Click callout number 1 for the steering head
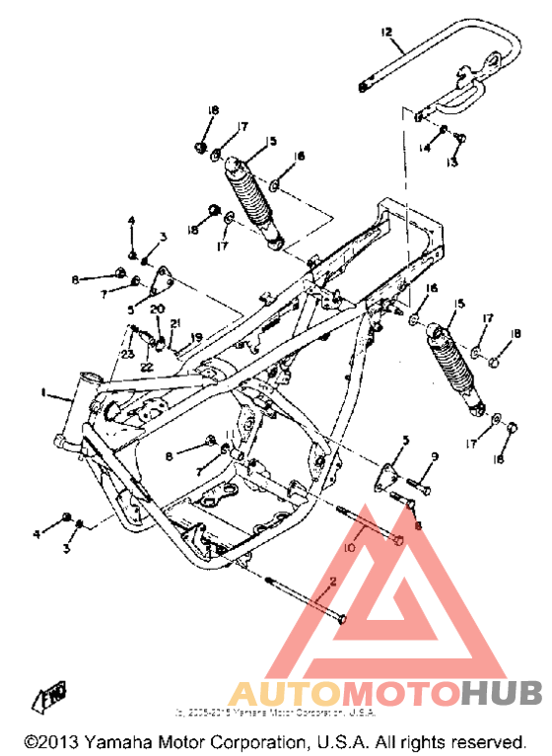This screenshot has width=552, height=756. [43, 393]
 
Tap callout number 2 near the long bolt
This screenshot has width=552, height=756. [332, 583]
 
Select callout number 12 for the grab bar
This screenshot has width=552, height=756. [387, 33]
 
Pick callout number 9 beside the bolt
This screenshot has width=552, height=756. [433, 455]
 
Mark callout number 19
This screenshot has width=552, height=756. [196, 338]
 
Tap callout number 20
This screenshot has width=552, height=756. [156, 309]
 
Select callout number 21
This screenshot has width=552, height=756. [175, 323]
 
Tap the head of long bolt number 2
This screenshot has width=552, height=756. [341, 618]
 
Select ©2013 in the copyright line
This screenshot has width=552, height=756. [52, 740]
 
